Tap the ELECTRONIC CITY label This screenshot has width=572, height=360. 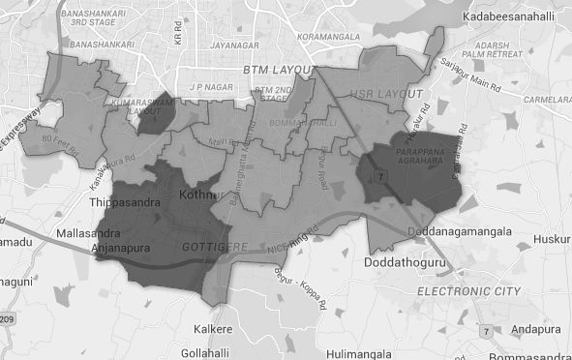click(468, 290)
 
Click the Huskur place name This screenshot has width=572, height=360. click(553, 234)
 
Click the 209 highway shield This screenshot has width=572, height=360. click(6, 318)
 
